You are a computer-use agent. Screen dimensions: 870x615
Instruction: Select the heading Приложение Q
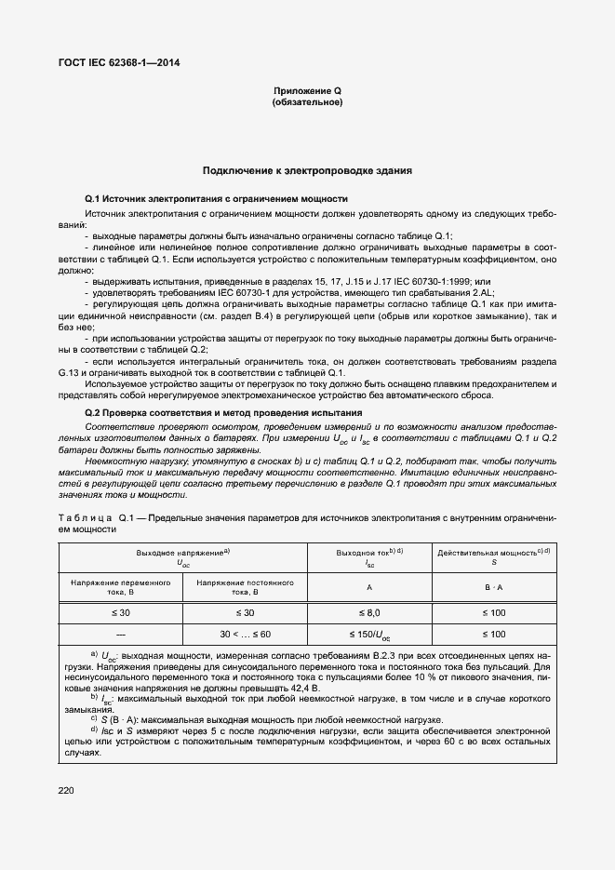tap(307, 90)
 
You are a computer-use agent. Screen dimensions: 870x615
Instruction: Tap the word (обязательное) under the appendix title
tap(307, 101)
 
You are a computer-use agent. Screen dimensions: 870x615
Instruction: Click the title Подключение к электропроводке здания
tap(307, 172)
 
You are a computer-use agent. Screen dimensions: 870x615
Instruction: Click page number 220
tap(65, 791)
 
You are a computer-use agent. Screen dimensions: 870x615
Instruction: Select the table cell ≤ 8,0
tap(369, 613)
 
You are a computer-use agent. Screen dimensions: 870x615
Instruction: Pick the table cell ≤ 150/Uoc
tap(369, 635)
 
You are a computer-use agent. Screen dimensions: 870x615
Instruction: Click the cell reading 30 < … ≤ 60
tap(245, 635)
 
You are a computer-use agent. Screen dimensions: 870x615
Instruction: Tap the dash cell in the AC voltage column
tap(121, 635)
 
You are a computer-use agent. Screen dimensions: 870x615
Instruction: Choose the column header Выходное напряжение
tap(182, 557)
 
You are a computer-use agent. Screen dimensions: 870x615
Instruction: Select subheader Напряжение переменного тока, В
tap(121, 587)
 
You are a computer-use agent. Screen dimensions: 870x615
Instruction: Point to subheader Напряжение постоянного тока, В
tap(245, 587)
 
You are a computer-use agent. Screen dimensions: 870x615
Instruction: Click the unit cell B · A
tap(493, 587)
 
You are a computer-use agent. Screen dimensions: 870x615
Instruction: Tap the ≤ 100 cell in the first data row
tap(493, 613)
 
